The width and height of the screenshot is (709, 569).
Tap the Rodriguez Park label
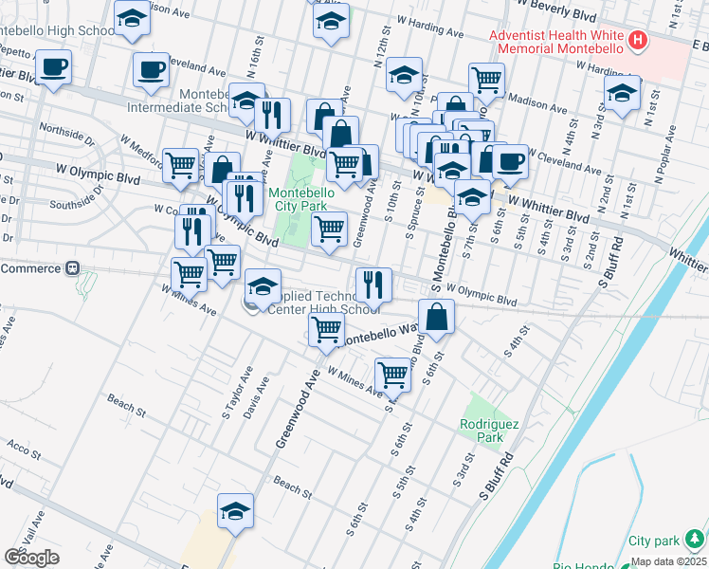click(488, 431)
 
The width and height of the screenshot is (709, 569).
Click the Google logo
click(31, 558)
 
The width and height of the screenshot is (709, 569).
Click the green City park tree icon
click(694, 541)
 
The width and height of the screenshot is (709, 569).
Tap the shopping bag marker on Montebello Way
click(436, 318)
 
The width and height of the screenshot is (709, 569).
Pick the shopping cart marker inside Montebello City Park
click(329, 229)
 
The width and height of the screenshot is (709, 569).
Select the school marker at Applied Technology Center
click(263, 285)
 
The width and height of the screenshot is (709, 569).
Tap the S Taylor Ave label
click(232, 399)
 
